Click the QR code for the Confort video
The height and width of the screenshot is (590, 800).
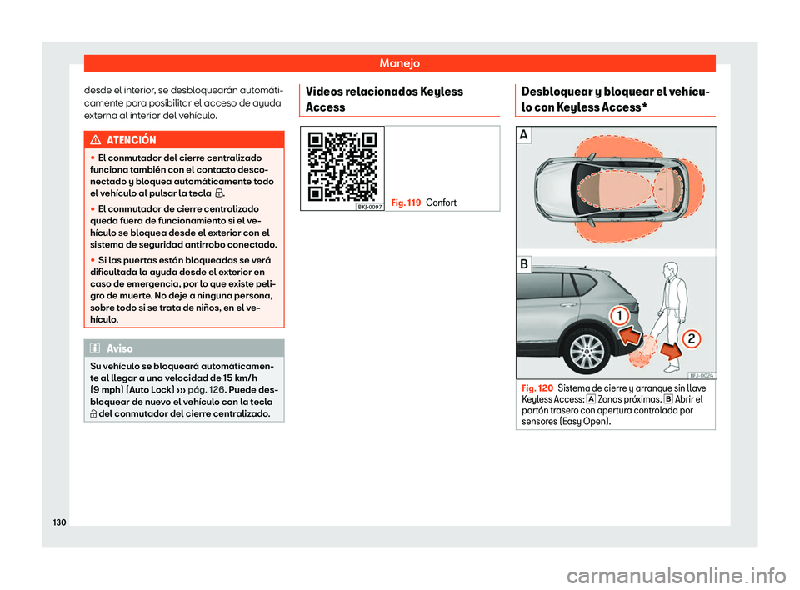click(x=342, y=167)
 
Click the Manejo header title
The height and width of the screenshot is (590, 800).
click(x=399, y=62)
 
